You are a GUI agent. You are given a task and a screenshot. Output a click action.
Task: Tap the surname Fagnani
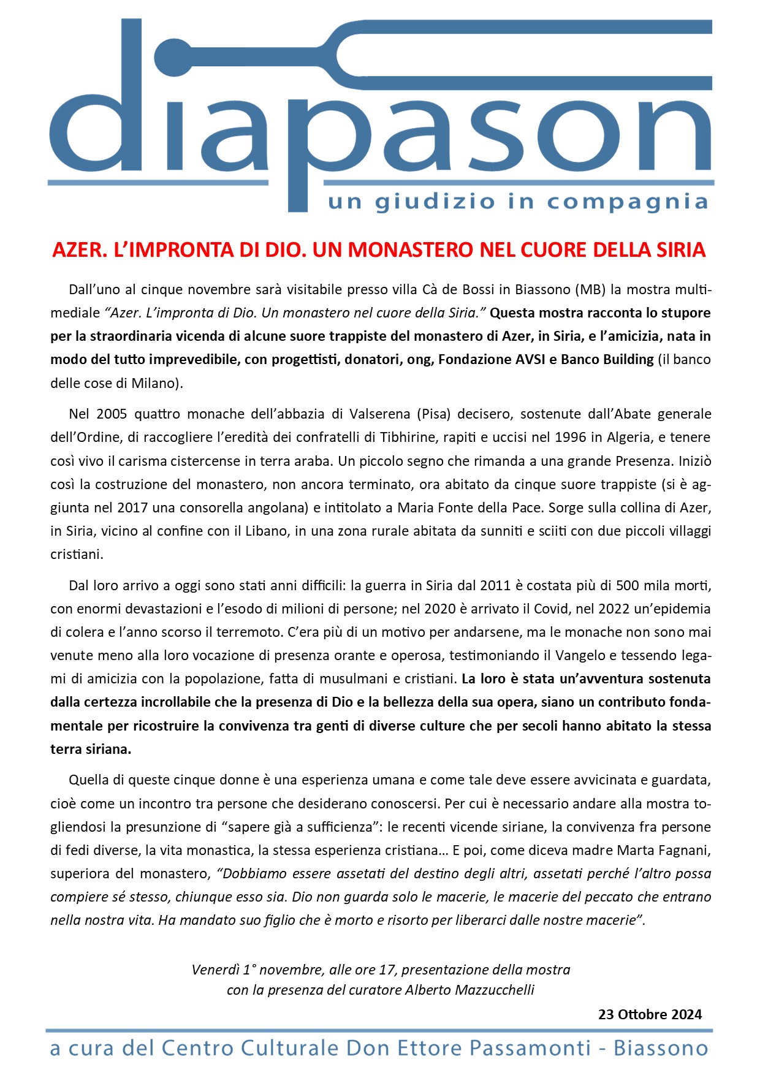[676, 850]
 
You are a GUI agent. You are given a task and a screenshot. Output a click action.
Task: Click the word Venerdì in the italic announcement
[215, 970]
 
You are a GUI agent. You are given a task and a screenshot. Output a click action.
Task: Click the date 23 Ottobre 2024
[650, 1014]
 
